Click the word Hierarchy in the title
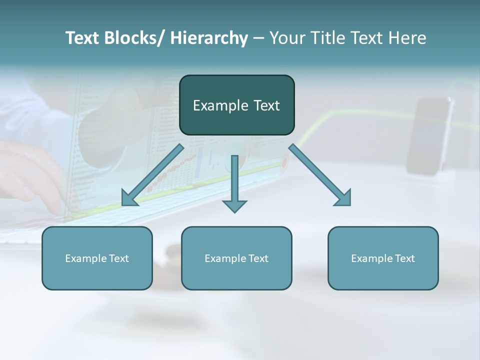click(209, 38)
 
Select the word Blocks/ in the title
click(134, 38)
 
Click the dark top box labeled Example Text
click(236, 105)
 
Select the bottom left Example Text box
click(97, 258)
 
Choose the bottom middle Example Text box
click(236, 258)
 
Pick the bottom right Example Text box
click(383, 258)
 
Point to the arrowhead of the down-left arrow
click(129, 198)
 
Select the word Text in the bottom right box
click(404, 258)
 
